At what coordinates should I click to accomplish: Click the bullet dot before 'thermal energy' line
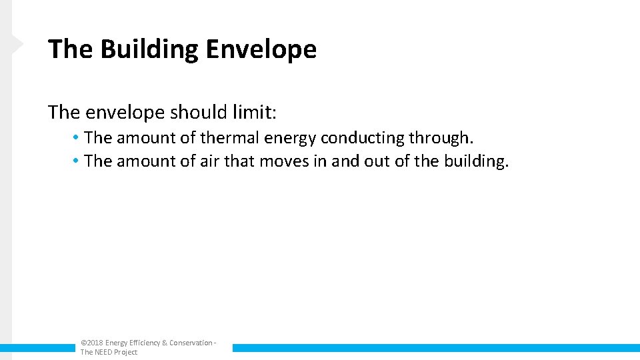(77, 138)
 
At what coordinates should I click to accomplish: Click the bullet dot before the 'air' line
(77, 161)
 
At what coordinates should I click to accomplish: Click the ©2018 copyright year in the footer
(91, 343)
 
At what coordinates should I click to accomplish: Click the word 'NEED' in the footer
(103, 352)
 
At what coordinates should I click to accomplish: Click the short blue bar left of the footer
(37, 347)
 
